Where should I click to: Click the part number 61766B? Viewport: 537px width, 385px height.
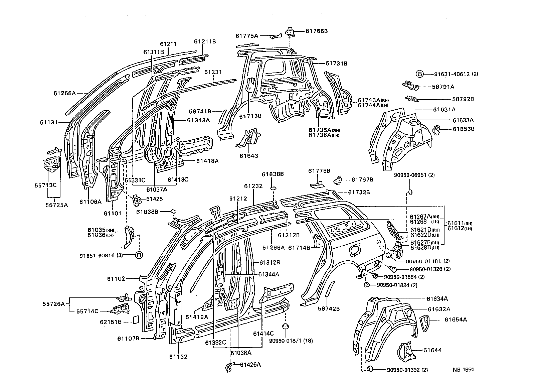click(x=316, y=31)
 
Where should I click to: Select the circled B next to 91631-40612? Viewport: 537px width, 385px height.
click(x=420, y=74)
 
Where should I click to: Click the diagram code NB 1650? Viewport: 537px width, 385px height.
click(x=463, y=370)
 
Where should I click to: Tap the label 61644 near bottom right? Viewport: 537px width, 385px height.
click(x=432, y=350)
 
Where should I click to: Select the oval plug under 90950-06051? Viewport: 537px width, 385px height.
click(x=410, y=192)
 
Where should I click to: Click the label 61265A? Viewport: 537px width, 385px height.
click(x=64, y=93)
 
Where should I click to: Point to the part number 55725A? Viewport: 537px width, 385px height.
click(x=56, y=205)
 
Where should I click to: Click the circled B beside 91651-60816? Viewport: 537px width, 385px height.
click(x=139, y=255)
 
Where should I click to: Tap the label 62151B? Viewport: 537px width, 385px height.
click(x=111, y=322)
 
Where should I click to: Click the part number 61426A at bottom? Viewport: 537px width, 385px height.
click(x=250, y=365)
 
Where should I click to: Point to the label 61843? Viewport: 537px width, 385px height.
click(x=249, y=156)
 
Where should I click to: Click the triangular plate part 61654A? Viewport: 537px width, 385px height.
click(x=424, y=323)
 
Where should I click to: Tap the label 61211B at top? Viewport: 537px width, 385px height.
click(x=205, y=41)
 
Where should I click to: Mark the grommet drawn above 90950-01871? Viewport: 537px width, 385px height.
click(x=285, y=326)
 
